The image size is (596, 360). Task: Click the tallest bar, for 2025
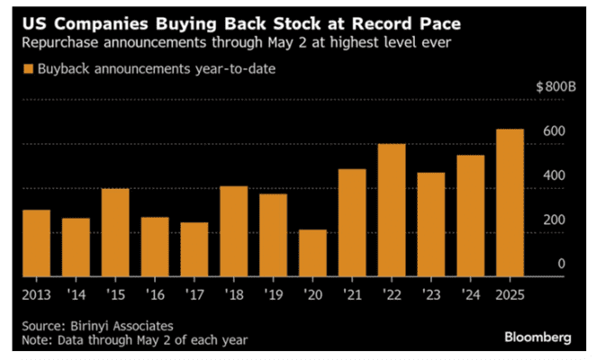[509, 202]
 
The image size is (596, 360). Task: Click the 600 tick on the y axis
[553, 131]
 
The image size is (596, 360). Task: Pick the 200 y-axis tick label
[553, 220]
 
